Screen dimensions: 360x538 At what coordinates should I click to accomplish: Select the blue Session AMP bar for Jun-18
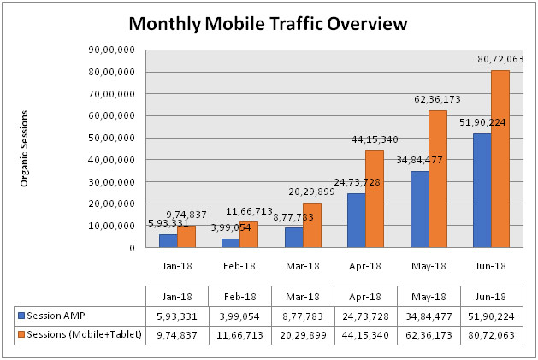[482, 191]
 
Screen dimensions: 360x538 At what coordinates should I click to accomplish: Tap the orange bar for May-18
[438, 179]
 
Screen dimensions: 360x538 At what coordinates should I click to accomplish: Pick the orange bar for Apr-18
[375, 199]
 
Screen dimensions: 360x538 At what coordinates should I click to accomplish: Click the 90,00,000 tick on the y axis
[117, 50]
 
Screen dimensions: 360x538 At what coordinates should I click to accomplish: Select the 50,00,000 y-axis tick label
[117, 138]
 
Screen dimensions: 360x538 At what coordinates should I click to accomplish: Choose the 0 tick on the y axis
[133, 248]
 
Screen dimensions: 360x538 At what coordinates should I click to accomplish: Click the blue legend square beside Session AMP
[21, 315]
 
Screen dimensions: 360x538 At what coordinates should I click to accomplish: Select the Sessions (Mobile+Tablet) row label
[75, 335]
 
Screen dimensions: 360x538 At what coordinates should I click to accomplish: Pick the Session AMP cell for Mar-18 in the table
[302, 315]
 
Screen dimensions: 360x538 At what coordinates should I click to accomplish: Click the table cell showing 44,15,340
[365, 335]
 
